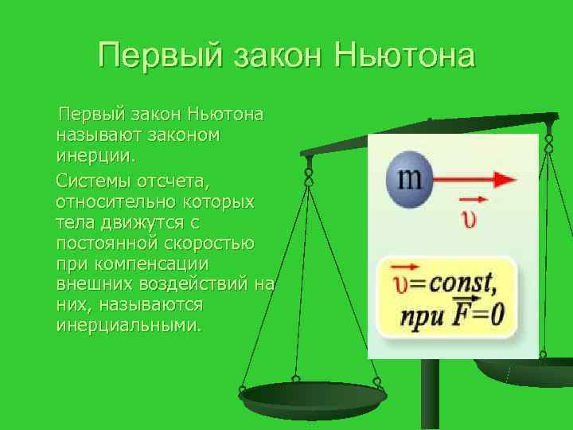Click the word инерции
click(91, 153)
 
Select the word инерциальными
click(130, 326)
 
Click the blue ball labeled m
click(409, 178)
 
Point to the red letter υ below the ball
click(472, 217)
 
